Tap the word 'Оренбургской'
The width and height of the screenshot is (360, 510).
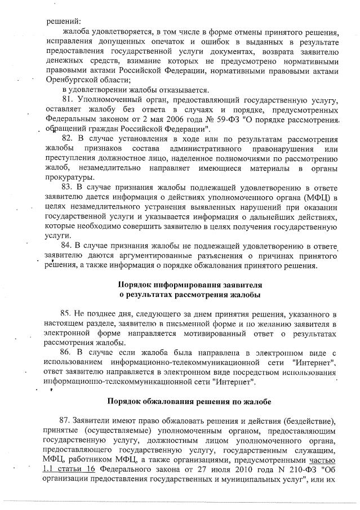71,81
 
